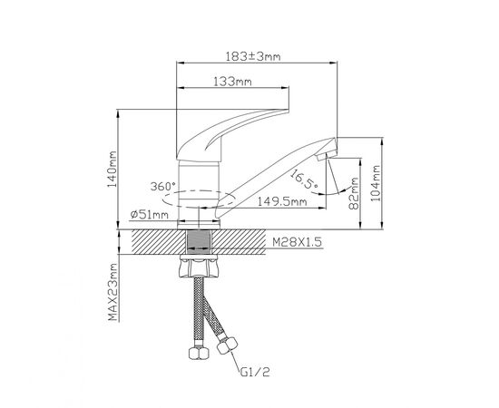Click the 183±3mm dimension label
tap(253, 56)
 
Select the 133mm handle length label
tap(232, 82)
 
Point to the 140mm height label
tap(112, 170)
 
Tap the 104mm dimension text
tap(377, 183)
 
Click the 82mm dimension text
tap(354, 193)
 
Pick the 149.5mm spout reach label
tap(282, 201)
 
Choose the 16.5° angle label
tap(304, 179)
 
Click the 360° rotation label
tap(163, 187)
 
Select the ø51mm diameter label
tap(149, 215)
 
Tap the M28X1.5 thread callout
tap(298, 242)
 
